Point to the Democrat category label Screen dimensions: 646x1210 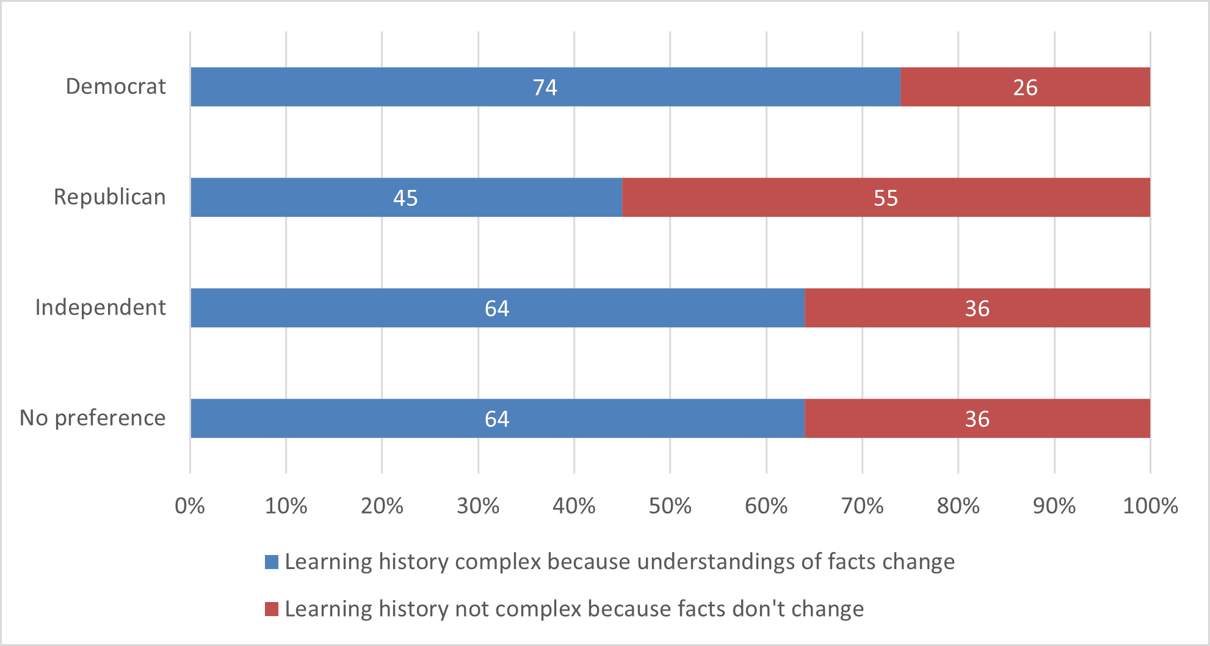coord(115,87)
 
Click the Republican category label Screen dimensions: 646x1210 coord(109,197)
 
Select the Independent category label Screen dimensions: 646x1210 coord(100,307)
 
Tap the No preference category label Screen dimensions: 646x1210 coord(92,418)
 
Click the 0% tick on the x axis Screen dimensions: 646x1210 coord(190,506)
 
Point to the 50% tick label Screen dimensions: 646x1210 coord(670,506)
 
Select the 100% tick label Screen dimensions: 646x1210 coord(1150,506)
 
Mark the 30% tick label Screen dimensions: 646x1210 coord(478,506)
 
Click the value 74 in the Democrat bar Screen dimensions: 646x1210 coord(545,87)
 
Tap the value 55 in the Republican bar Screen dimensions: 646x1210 coord(885,198)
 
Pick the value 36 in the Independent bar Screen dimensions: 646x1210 coord(977,308)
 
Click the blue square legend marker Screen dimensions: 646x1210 coord(272,562)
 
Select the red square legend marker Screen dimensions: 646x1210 coord(272,609)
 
